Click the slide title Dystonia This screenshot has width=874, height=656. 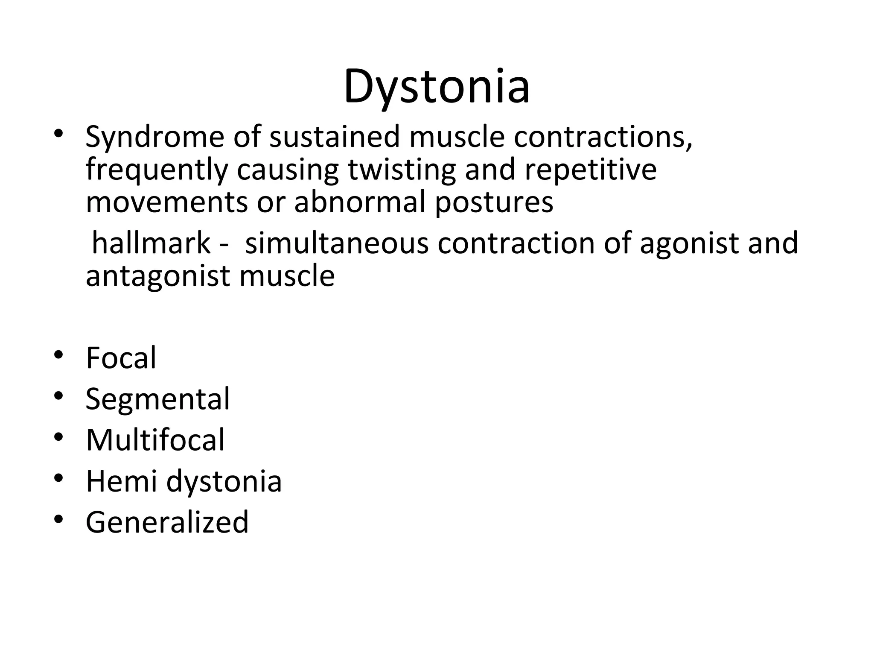click(437, 88)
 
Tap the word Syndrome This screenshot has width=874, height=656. click(154, 137)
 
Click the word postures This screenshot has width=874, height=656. click(494, 202)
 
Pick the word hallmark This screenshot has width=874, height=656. click(151, 243)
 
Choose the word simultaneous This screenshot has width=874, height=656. click(337, 243)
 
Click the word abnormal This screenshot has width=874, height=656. click(360, 202)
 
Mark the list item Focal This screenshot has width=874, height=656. click(121, 358)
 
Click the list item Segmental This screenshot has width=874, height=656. click(157, 399)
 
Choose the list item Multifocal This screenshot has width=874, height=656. click(155, 440)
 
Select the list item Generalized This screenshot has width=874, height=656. click(167, 522)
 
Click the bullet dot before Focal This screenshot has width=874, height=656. click(59, 355)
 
